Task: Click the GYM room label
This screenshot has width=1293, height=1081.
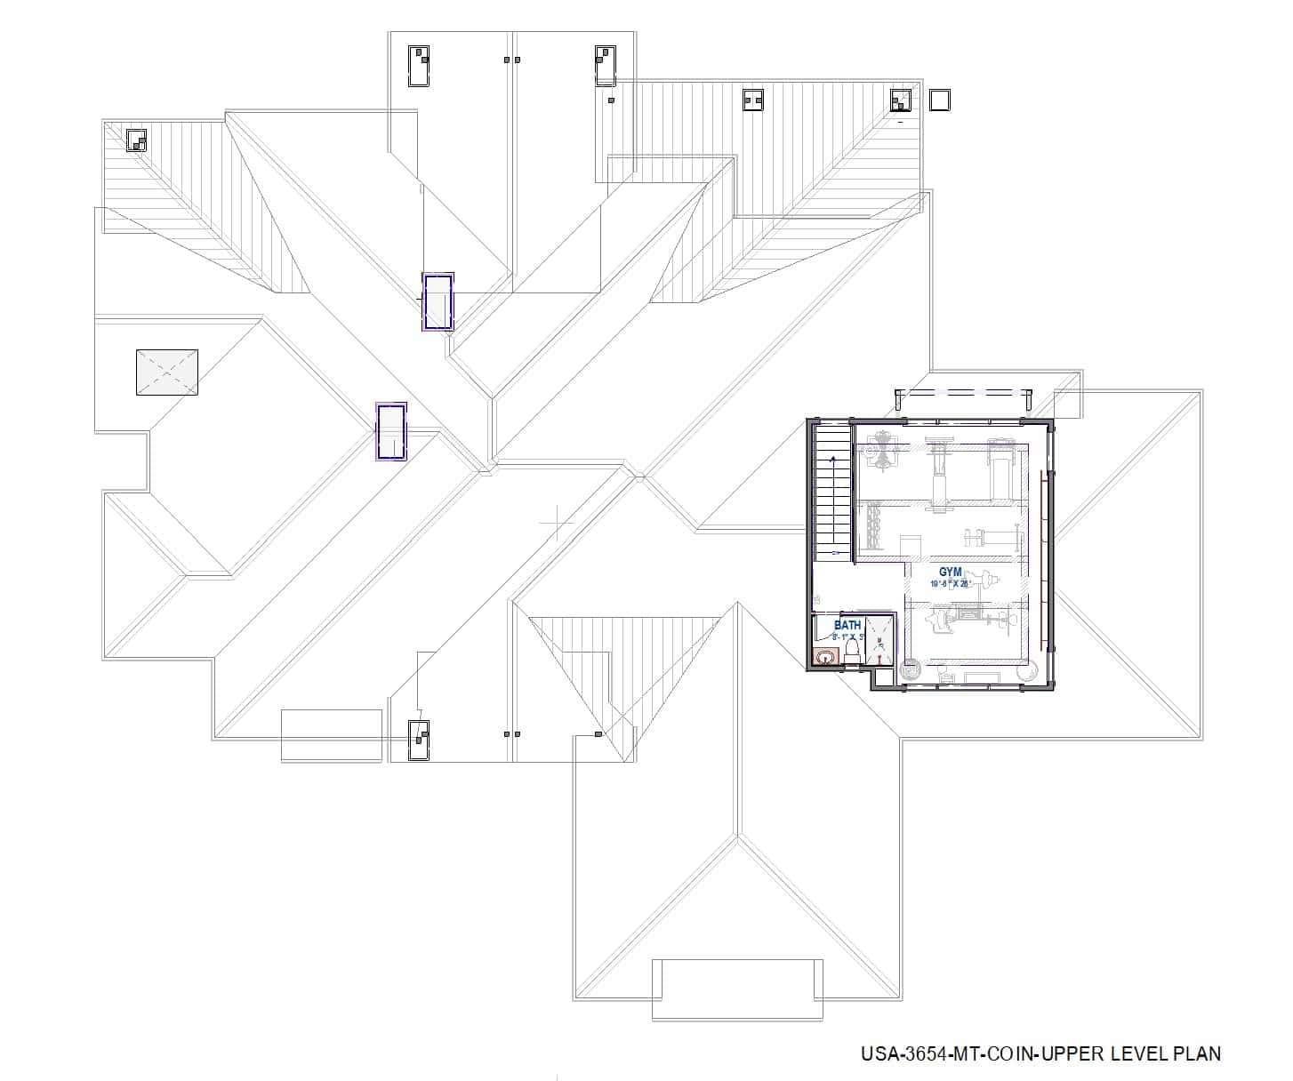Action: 951,573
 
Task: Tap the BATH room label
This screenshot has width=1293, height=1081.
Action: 847,626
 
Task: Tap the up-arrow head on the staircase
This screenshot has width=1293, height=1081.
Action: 833,459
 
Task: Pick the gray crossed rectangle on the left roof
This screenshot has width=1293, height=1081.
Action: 166,372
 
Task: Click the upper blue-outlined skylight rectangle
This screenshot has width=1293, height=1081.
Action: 438,302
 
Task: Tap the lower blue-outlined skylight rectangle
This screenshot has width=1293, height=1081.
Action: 391,432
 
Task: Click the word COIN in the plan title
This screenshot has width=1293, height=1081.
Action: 1019,1054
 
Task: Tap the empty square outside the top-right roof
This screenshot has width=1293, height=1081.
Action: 939,100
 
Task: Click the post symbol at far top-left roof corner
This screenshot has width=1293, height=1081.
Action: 135,140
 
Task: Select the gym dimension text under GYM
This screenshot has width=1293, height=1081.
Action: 951,584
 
